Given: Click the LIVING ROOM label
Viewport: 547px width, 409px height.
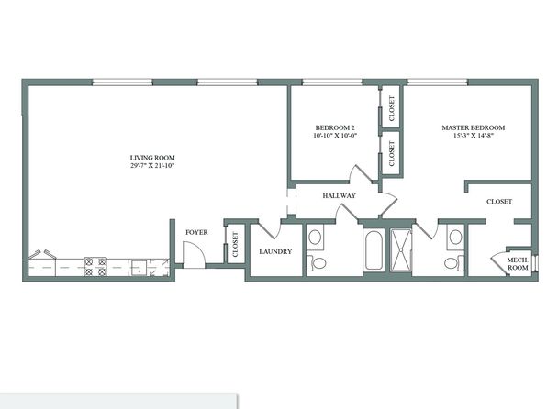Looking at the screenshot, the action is coord(152,158).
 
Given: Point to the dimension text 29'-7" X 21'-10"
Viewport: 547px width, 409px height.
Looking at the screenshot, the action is coord(152,166).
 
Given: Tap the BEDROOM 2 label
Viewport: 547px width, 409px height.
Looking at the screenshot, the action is coord(335,128).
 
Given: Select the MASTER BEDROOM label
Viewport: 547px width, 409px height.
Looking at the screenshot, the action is coord(474,128).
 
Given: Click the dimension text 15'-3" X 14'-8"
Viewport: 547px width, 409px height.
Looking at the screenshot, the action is coord(474,136).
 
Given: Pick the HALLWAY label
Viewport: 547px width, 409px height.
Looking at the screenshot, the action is coord(339,196).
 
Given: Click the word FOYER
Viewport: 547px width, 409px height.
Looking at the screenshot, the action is coord(196,232).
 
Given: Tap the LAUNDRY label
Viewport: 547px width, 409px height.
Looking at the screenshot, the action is coord(275,252).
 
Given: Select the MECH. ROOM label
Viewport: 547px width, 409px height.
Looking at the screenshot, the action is coord(518,264).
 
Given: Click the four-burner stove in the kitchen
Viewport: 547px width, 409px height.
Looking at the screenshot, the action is coord(95,267).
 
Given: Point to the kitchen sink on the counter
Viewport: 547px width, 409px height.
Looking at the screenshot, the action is coord(139,268).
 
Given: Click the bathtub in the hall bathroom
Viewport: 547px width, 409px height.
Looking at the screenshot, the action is coord(374,250).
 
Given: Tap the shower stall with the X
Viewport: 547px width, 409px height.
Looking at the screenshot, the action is coord(401,250).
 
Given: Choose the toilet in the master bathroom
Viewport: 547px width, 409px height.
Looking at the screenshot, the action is coord(454,263).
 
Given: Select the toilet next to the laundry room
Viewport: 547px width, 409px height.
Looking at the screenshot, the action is coord(316,262).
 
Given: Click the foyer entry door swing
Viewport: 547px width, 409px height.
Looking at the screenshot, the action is coord(195,255).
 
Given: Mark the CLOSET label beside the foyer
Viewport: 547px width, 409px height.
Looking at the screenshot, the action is coord(235,245).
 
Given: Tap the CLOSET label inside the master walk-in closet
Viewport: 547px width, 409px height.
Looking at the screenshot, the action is coord(499,202).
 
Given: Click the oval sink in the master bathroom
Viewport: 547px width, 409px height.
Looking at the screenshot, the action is coord(455,238).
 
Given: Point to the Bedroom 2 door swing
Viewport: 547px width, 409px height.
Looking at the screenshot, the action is coord(363,173).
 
